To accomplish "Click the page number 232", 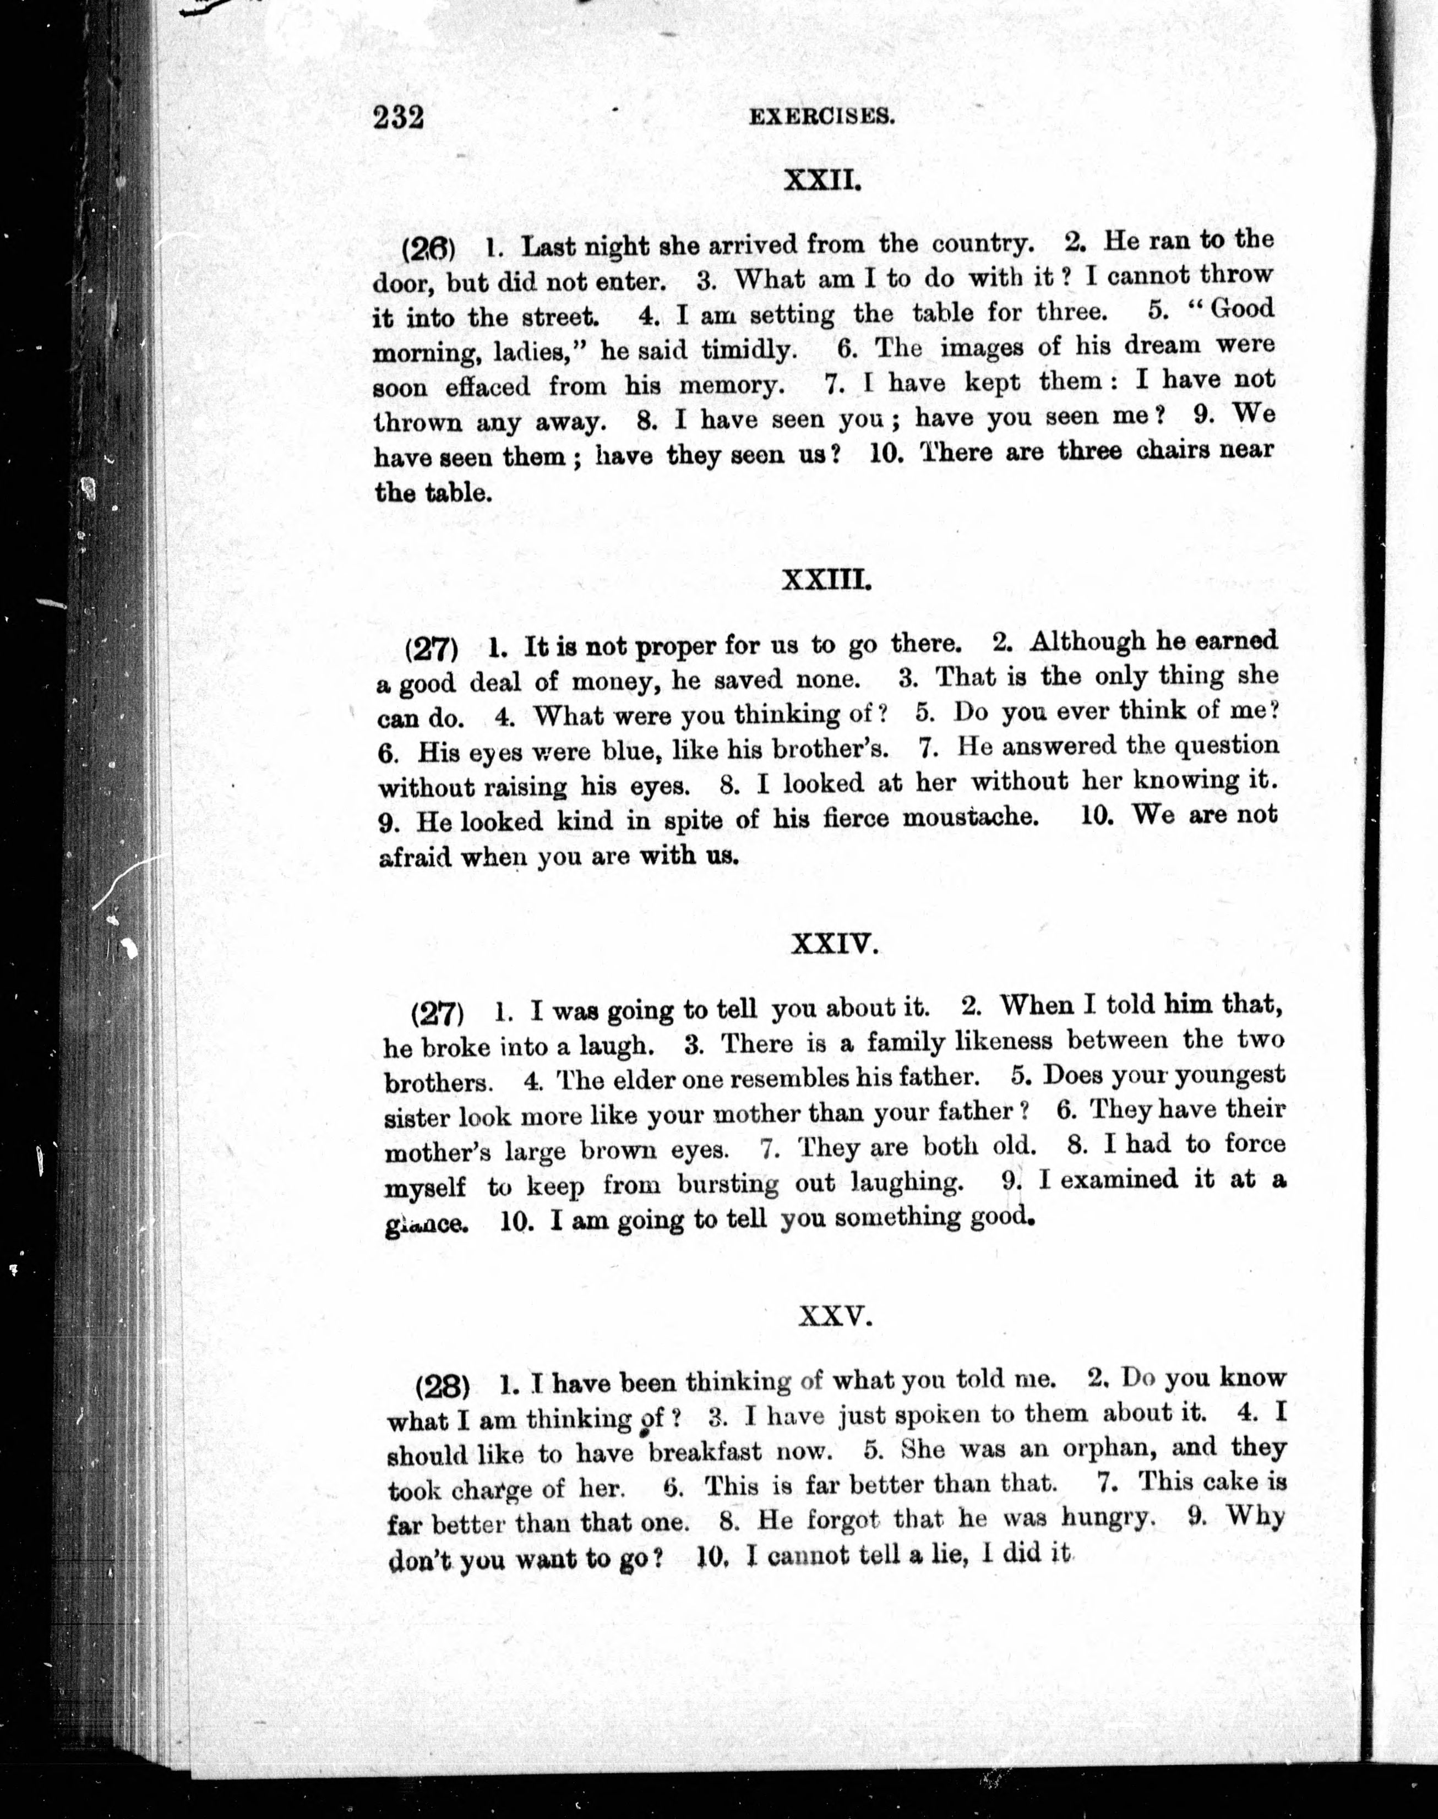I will pyautogui.click(x=397, y=117).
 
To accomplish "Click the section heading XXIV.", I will pyautogui.click(x=835, y=946).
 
